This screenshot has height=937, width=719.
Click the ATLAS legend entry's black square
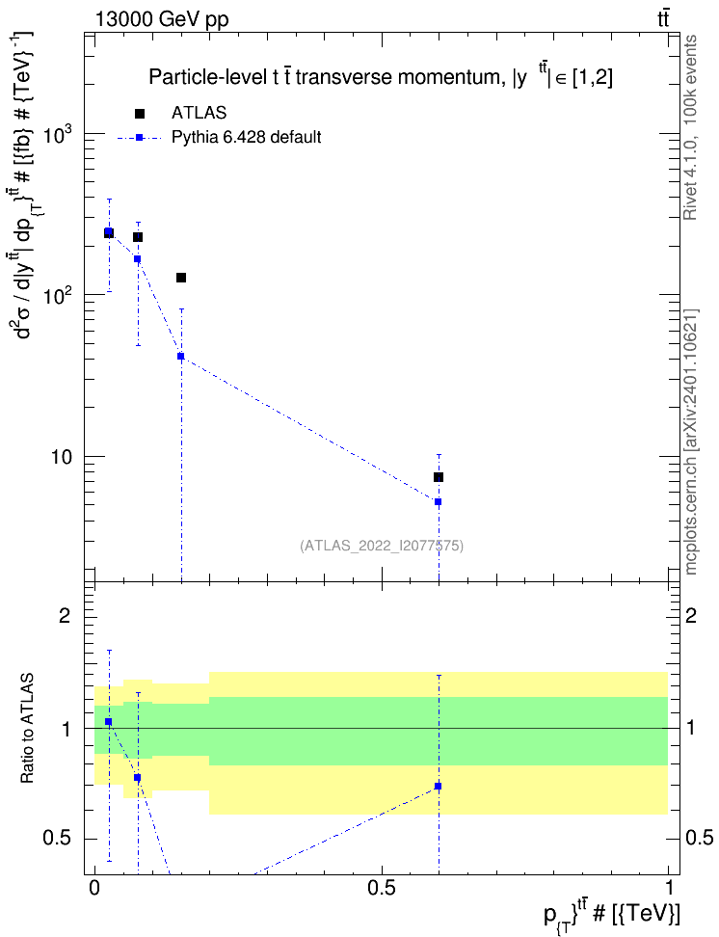coord(139,114)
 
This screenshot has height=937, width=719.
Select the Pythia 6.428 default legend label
coord(246,138)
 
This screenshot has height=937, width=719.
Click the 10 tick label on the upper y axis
coord(61,458)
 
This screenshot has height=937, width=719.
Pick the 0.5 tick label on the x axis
coord(382,888)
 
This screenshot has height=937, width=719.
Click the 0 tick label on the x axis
coord(93,888)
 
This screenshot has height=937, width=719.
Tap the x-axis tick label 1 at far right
coord(668,888)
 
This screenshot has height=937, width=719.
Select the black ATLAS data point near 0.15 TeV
coord(181,278)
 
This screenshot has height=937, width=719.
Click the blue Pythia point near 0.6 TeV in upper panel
coord(439,502)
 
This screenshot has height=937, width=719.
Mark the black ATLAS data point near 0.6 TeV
coord(439,477)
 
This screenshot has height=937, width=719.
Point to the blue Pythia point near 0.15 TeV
coord(181,356)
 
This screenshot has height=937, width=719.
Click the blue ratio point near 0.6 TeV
coord(439,787)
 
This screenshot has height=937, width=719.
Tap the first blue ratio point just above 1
coord(108,722)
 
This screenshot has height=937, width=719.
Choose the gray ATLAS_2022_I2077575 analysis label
coord(382,546)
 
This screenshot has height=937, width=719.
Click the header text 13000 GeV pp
coord(162,19)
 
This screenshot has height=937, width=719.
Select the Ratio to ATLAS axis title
coord(27,729)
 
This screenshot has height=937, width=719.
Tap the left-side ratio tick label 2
coord(65,615)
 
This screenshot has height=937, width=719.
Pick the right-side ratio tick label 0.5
coord(699,838)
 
